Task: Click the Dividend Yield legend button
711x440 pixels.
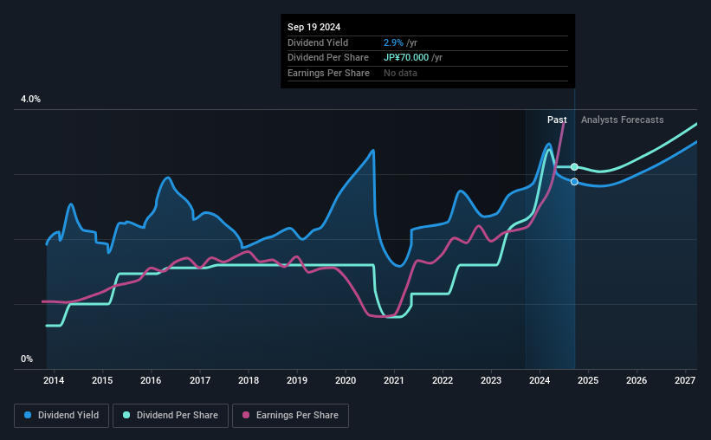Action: (x=61, y=416)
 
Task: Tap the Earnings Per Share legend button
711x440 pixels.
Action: (x=290, y=416)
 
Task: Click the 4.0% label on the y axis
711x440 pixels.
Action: (x=30, y=100)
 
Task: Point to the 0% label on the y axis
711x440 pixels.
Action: (x=27, y=359)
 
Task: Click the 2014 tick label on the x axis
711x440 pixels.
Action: (x=54, y=381)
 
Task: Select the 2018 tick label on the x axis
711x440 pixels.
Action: (x=249, y=381)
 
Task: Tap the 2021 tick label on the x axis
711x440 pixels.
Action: (x=394, y=381)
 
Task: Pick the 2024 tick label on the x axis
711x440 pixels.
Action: (x=540, y=381)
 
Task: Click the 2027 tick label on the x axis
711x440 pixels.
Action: (x=685, y=381)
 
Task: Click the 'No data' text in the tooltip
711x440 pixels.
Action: (x=401, y=74)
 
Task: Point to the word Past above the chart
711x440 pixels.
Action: (x=557, y=120)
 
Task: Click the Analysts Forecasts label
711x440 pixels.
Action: (x=623, y=120)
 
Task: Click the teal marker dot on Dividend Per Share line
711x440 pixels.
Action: (x=574, y=166)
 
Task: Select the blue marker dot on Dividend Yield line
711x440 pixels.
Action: (x=574, y=181)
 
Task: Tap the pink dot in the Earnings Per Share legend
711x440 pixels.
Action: (x=245, y=416)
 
